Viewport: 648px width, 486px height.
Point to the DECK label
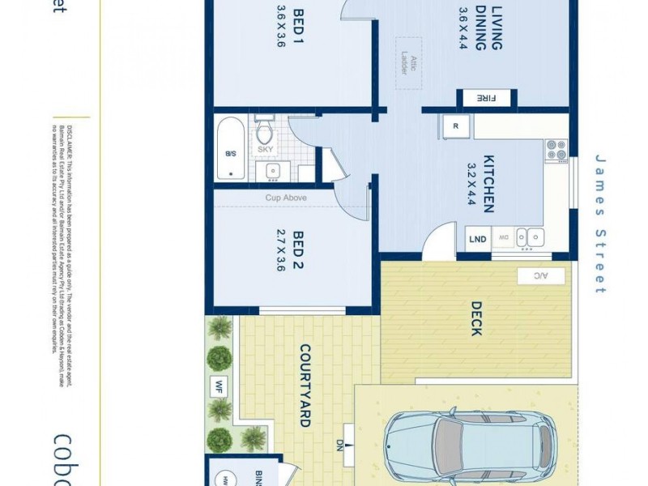click(x=476, y=319)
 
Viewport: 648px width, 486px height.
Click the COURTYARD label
click(x=306, y=386)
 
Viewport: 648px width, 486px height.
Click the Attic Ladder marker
click(x=403, y=58)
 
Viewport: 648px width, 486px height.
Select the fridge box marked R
click(x=455, y=126)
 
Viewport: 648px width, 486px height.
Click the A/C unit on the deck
click(x=536, y=276)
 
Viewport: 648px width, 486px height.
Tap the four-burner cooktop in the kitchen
click(x=556, y=150)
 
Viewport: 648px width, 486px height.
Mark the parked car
click(x=468, y=444)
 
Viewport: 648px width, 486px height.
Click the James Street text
click(x=600, y=224)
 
